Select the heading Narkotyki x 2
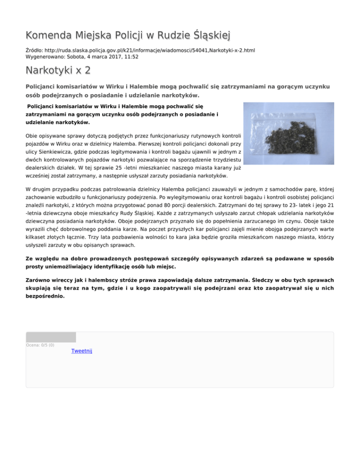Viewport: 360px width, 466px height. tap(58, 71)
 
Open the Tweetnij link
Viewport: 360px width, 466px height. tap(82, 351)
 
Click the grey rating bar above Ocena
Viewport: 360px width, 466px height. tap(51, 337)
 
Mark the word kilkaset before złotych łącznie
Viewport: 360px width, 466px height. tap(38, 236)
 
